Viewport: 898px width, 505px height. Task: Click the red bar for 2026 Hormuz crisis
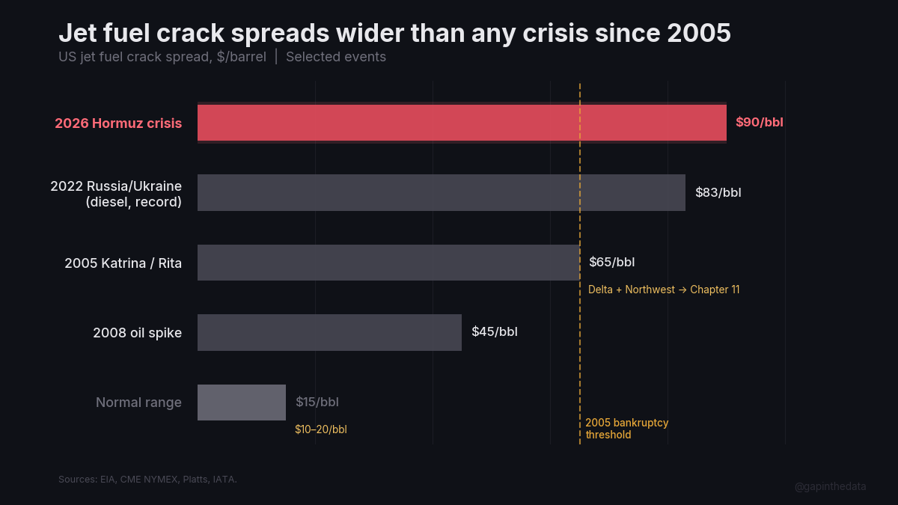pyautogui.click(x=462, y=123)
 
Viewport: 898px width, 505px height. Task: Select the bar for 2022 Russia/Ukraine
pyautogui.click(x=442, y=192)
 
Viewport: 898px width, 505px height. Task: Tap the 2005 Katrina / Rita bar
pyautogui.click(x=388, y=263)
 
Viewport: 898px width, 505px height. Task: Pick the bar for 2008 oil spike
pyautogui.click(x=329, y=332)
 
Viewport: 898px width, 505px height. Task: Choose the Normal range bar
pyautogui.click(x=242, y=403)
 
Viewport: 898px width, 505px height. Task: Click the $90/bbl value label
pyautogui.click(x=759, y=123)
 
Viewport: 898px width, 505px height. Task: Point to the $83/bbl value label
pyautogui.click(x=718, y=192)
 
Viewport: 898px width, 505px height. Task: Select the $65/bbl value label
pyautogui.click(x=611, y=263)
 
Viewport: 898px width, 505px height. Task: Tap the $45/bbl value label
pyautogui.click(x=494, y=332)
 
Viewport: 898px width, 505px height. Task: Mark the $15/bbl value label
pyautogui.click(x=317, y=403)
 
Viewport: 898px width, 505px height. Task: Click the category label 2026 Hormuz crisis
pyautogui.click(x=118, y=123)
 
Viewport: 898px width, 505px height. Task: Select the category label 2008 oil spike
pyautogui.click(x=137, y=333)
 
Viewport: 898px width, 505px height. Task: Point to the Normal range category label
pyautogui.click(x=138, y=403)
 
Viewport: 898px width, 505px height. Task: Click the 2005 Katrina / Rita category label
pyautogui.click(x=123, y=263)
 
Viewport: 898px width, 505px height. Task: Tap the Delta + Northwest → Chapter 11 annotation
pyautogui.click(x=664, y=290)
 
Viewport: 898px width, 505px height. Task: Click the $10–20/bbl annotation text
pyautogui.click(x=320, y=429)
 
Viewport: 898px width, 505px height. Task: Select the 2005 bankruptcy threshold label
pyautogui.click(x=626, y=429)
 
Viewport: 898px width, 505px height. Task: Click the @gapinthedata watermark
pyautogui.click(x=830, y=486)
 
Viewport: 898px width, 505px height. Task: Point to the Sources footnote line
pyautogui.click(x=147, y=479)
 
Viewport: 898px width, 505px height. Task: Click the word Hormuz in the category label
pyautogui.click(x=117, y=123)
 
